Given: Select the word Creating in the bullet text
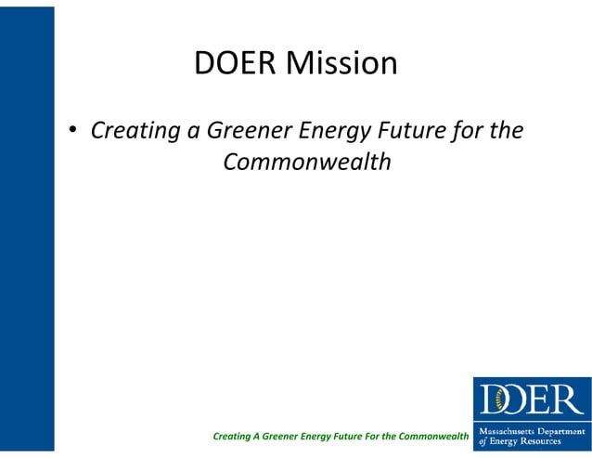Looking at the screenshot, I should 135,131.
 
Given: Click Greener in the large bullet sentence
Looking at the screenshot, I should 254,131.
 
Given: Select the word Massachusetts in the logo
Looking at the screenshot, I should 506,431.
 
